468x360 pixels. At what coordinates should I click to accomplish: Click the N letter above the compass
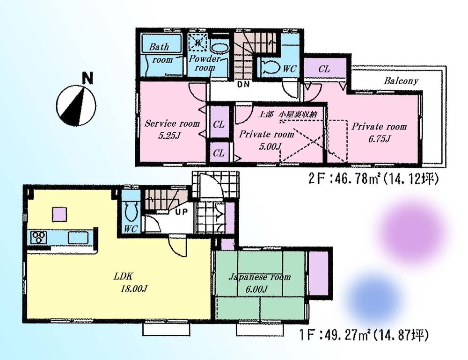(86, 78)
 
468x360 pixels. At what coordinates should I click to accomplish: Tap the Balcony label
(401, 81)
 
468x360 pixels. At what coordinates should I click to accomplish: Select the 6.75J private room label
(379, 132)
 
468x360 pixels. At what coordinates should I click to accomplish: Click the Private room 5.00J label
(267, 140)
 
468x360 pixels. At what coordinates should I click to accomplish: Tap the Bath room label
(160, 53)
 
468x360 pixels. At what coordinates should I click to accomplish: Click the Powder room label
(205, 64)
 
